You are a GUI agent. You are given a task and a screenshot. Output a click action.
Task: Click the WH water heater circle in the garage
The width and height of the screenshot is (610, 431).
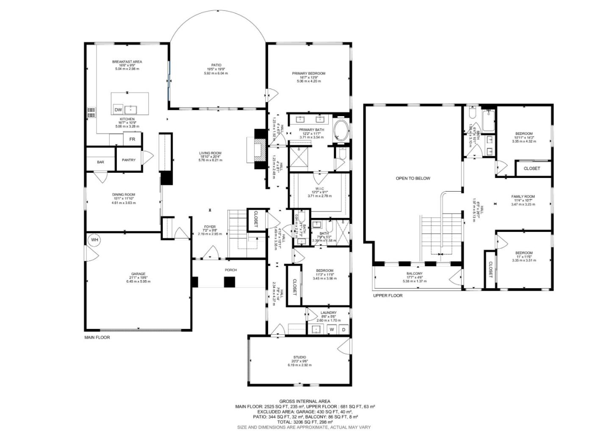94,240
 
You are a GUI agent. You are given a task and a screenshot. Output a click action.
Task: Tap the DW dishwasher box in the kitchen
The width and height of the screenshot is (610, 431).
118,110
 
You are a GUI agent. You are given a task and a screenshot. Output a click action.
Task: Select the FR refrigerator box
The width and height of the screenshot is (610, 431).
132,139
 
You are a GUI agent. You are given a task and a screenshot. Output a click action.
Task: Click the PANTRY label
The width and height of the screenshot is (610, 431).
129,160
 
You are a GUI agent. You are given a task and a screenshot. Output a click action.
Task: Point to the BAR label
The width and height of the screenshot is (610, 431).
100,162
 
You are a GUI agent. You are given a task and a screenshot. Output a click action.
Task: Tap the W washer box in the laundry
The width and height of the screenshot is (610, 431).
332,329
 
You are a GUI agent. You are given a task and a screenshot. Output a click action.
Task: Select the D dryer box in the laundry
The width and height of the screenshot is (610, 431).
344,329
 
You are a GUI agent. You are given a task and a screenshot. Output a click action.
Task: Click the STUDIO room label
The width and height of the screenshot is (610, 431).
299,357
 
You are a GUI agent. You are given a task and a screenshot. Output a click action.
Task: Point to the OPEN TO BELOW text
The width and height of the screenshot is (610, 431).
413,178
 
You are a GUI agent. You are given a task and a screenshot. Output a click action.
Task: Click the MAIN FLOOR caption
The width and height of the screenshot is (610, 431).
97,338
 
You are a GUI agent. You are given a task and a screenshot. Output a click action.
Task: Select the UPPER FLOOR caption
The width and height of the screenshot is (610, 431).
388,296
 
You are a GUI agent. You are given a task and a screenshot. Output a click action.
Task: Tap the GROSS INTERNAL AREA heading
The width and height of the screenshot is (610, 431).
305,401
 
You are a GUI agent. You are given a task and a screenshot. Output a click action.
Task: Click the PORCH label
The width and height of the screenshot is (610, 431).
231,270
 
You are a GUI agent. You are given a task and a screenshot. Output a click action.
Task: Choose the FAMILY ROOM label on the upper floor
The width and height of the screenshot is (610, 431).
523,197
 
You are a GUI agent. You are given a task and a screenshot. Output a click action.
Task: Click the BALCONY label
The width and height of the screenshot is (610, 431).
414,274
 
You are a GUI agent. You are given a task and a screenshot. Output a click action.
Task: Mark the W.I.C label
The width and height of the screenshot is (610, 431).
319,189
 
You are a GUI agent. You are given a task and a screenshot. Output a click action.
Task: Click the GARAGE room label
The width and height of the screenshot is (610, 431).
138,274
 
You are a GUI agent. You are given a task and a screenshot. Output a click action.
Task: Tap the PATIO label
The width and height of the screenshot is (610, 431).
216,65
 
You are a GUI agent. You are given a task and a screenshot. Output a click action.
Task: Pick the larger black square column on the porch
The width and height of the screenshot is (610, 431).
230,282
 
